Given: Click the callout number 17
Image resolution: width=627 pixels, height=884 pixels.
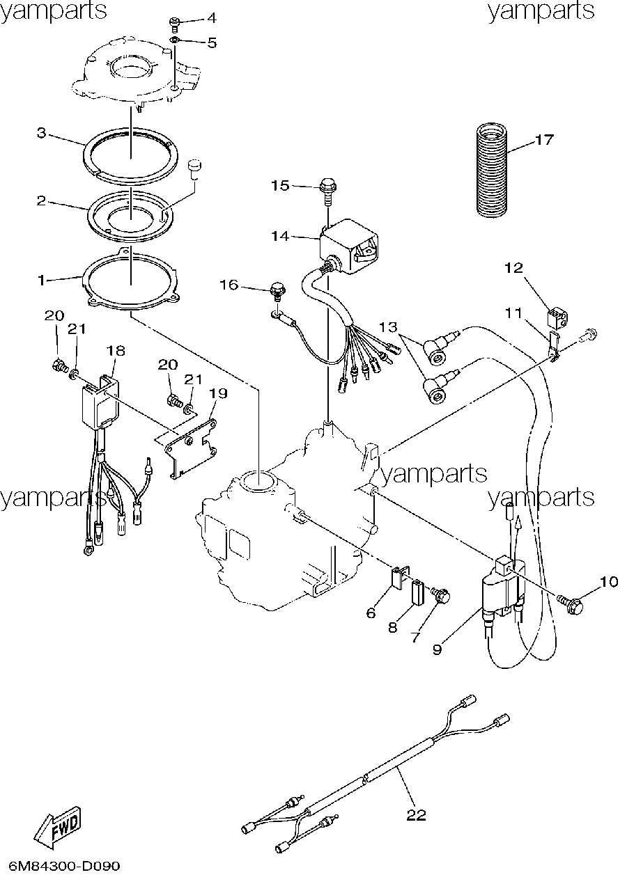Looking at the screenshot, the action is point(544,140).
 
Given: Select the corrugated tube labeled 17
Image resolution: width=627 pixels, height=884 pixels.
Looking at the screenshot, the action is point(490,169).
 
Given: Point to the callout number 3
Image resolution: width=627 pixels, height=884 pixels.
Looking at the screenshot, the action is point(42,133).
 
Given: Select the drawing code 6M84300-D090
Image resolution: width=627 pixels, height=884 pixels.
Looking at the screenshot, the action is point(64,866).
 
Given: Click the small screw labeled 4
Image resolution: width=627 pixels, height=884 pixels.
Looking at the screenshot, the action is point(175,24).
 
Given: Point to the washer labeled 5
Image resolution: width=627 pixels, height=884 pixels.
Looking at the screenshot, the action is point(175,40).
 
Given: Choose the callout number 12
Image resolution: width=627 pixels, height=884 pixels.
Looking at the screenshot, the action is point(514,269).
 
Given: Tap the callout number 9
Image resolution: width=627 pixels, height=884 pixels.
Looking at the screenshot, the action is point(437,649).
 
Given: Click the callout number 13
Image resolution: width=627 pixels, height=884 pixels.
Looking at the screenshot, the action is point(388,327).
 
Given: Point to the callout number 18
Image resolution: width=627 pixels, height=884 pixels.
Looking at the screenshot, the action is point(116,350).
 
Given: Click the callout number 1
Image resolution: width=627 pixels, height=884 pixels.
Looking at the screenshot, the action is point(42,281).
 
